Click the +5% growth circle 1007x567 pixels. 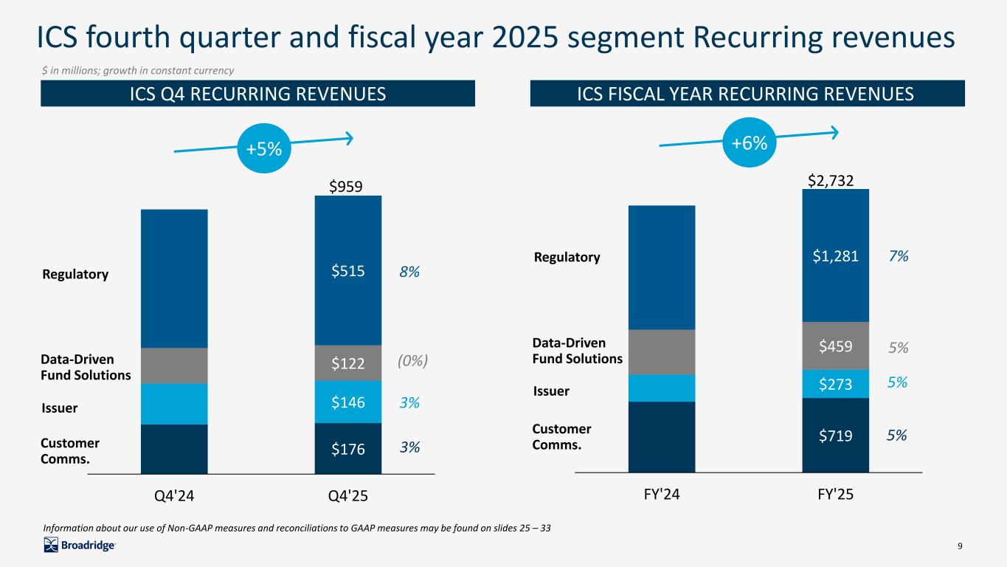[264, 149]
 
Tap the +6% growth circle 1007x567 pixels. [750, 143]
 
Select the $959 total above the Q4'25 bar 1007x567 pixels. [345, 187]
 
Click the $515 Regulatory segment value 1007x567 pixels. [347, 272]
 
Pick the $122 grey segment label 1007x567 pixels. [347, 362]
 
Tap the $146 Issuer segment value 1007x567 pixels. [347, 403]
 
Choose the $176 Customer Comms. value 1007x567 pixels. [347, 447]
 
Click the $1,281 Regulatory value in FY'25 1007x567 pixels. [834, 256]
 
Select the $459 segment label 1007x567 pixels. [834, 346]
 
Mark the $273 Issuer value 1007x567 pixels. [834, 384]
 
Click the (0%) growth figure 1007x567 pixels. [413, 361]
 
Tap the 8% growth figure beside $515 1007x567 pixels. [410, 272]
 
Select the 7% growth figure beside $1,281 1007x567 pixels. [898, 256]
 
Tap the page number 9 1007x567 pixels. [960, 546]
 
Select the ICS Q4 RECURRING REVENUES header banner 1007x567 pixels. [257, 94]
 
